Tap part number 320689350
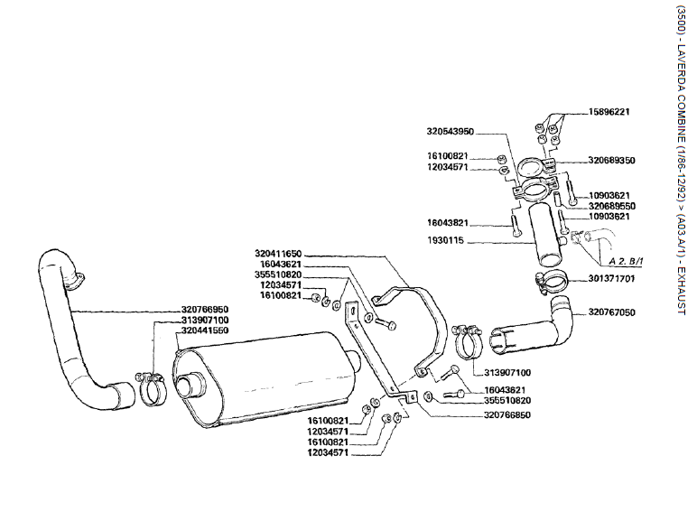point(612,160)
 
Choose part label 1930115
point(447,241)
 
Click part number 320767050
point(612,312)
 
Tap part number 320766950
point(204,309)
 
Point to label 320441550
point(204,330)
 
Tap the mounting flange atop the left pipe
point(76,280)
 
